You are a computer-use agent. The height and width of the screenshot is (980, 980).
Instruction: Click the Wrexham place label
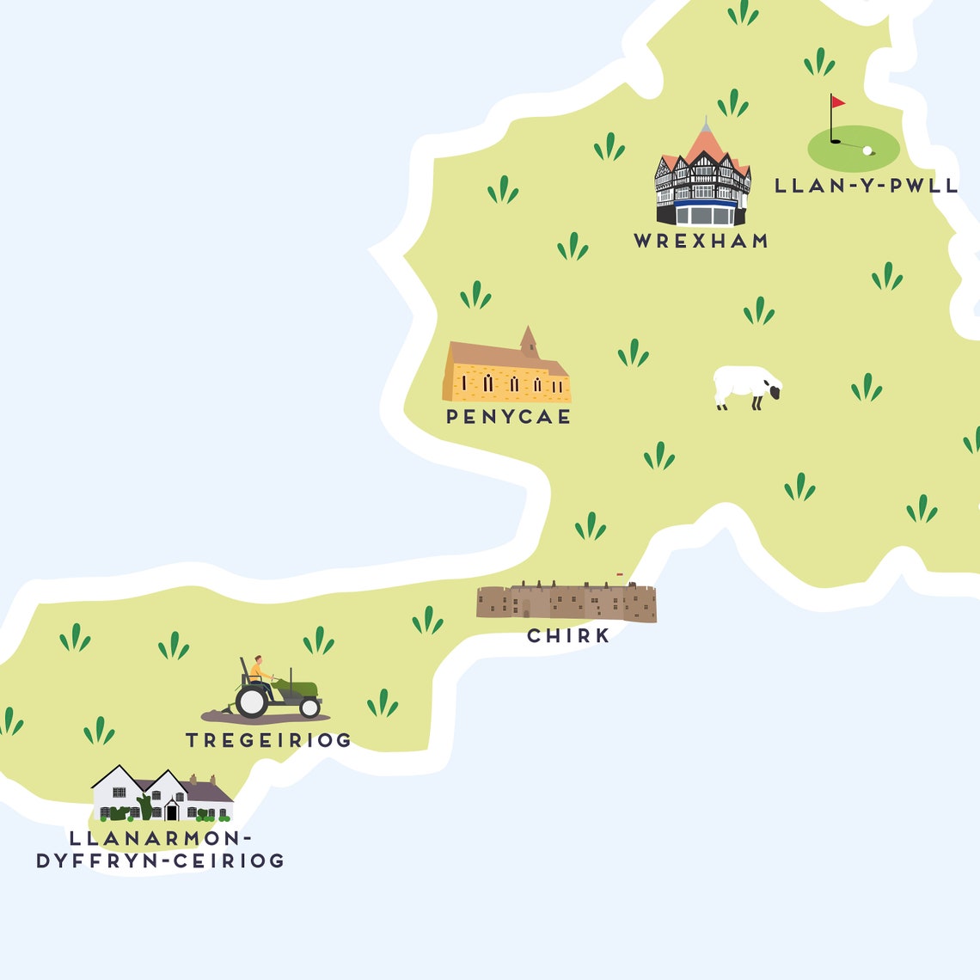coord(701,242)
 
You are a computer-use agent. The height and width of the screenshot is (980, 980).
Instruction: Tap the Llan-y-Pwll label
coord(866,186)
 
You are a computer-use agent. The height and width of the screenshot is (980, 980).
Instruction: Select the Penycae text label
coord(508,417)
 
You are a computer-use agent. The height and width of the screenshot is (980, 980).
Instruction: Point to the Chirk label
coord(568,636)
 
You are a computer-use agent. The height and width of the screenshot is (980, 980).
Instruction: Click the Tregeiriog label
coord(268,740)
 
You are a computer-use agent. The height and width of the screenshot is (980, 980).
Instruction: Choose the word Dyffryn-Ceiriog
coord(160,861)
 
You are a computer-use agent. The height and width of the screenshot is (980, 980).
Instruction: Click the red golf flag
coord(837,102)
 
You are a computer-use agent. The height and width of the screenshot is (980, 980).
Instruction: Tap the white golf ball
coord(867,150)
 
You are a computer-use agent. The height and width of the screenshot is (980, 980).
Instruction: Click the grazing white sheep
coord(744,386)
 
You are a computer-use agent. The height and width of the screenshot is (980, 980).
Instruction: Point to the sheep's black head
coord(775,392)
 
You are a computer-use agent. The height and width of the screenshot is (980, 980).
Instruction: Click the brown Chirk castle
coord(567,602)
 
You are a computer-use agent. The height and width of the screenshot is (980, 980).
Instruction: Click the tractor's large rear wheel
coord(252,701)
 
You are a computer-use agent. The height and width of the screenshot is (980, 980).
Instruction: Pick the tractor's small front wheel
coord(309,707)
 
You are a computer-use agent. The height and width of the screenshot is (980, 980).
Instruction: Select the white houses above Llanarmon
coord(162,795)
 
